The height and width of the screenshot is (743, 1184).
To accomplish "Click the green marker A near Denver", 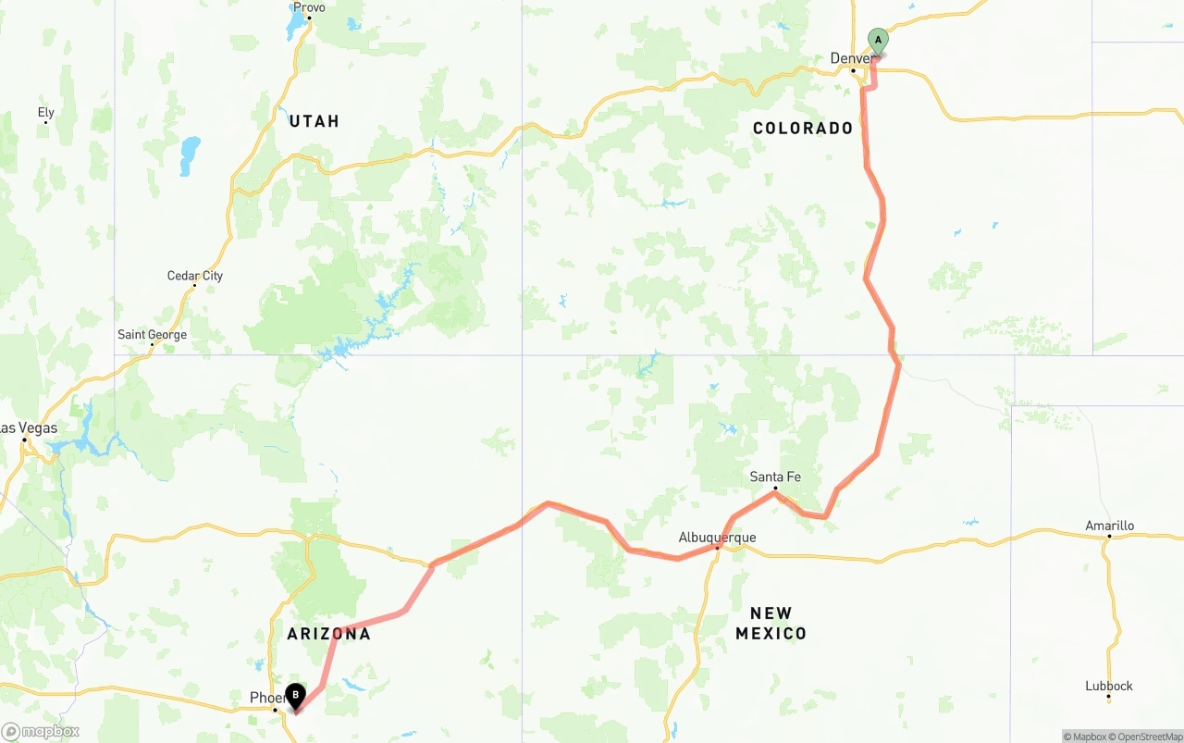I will [x=878, y=41].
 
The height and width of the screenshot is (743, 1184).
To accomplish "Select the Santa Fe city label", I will [x=775, y=477].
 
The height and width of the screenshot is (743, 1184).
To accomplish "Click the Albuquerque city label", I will [x=717, y=537].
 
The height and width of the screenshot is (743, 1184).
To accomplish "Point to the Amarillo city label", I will [x=1109, y=526].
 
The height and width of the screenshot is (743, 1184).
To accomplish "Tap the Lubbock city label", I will [x=1109, y=686].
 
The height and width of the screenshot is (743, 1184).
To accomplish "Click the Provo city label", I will [x=309, y=7].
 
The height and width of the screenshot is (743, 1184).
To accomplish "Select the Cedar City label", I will [x=194, y=275].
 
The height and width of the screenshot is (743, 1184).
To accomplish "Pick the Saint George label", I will [x=152, y=334].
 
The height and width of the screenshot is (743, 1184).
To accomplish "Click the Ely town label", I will [x=46, y=112].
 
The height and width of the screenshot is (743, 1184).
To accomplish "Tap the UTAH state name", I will [x=314, y=121].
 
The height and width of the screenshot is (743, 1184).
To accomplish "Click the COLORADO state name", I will [x=803, y=129].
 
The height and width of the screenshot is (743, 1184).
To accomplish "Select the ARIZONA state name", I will [x=328, y=634].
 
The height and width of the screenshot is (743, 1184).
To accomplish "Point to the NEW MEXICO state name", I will [x=771, y=624].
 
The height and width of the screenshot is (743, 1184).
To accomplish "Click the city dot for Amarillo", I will [x=1108, y=537].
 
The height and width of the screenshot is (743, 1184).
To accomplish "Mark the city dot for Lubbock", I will [x=1108, y=697].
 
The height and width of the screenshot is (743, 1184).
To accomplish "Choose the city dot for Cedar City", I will [x=194, y=285].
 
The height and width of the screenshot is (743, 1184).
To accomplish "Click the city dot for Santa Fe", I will [x=774, y=488].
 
